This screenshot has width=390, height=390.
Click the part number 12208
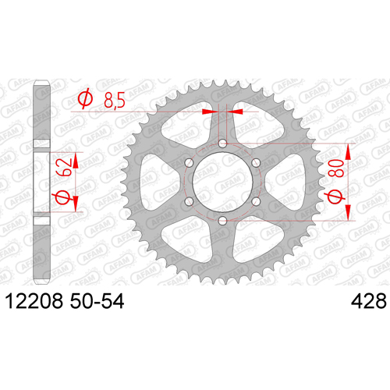34,301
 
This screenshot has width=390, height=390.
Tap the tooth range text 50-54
97,301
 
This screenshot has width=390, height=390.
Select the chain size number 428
369,301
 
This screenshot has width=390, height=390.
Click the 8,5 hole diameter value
115,100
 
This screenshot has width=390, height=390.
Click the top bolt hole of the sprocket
222,144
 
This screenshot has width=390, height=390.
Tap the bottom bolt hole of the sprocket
222,222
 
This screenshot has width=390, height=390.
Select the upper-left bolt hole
189,163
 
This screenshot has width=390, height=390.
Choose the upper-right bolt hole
256,163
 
